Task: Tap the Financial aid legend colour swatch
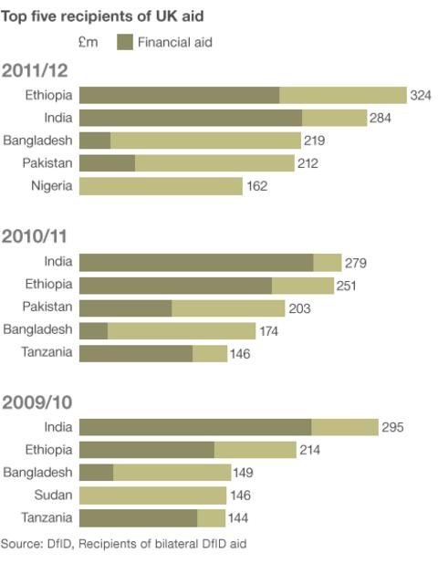(x=125, y=42)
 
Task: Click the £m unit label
(x=89, y=42)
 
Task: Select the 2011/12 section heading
(x=36, y=70)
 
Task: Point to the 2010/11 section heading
(x=36, y=237)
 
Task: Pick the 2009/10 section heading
(x=36, y=402)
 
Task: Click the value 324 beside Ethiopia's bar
(x=422, y=95)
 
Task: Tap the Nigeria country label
(x=52, y=186)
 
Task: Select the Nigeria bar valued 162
(x=161, y=186)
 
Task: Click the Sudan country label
(x=55, y=495)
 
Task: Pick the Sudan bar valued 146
(x=152, y=495)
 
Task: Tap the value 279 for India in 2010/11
(x=355, y=263)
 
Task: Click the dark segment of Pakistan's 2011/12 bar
(x=107, y=163)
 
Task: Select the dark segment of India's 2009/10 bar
(x=195, y=427)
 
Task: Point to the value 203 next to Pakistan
(x=299, y=308)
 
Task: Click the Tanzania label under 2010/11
(x=47, y=353)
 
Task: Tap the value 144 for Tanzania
(x=239, y=518)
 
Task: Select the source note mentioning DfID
(x=123, y=543)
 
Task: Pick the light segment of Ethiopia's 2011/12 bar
(x=342, y=95)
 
